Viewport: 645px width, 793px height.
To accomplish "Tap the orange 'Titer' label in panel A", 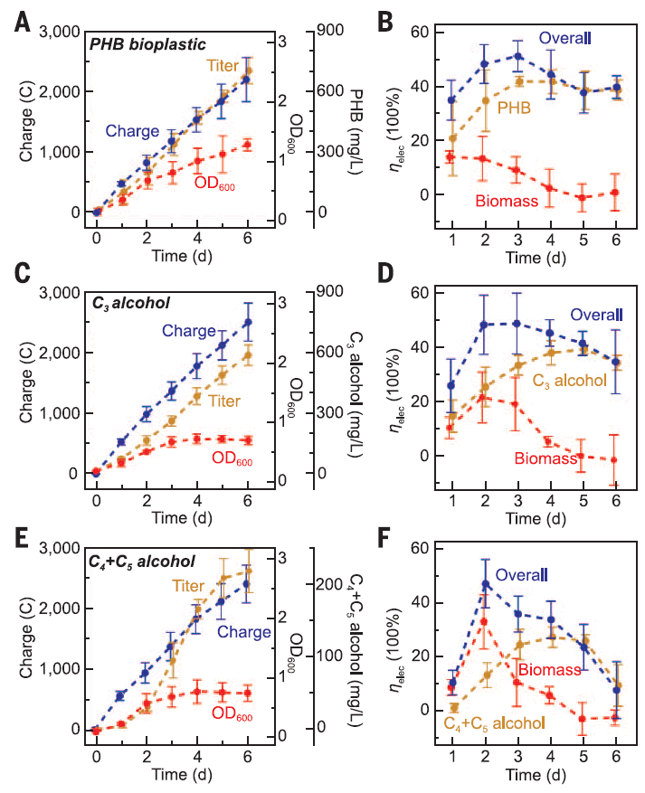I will point(223,65).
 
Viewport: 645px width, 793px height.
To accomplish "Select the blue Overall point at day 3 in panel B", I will point(518,56).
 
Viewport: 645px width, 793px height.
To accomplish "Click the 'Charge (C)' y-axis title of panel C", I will point(18,382).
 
